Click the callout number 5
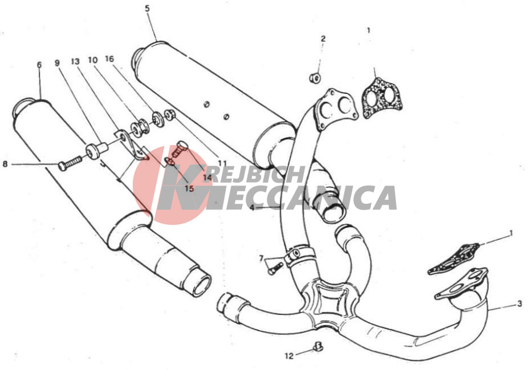click(148, 9)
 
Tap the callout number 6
click(39, 64)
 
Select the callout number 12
click(289, 356)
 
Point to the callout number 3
click(520, 304)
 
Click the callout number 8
click(5, 164)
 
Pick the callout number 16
click(109, 59)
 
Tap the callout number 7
click(261, 258)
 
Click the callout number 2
click(323, 39)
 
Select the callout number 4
click(252, 207)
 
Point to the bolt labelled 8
click(70, 163)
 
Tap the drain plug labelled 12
click(318, 346)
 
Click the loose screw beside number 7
click(275, 268)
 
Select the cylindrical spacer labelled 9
click(95, 150)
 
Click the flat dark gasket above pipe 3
click(454, 258)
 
